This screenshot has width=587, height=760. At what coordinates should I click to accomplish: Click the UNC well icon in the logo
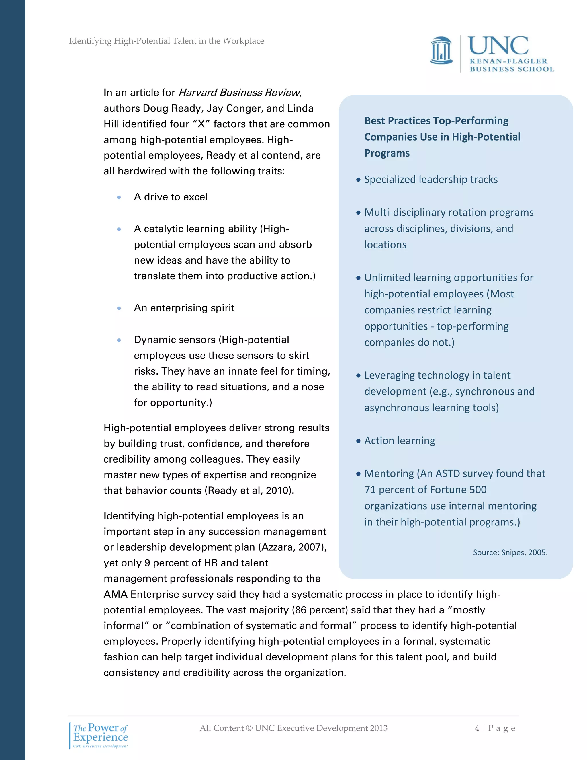tap(441, 51)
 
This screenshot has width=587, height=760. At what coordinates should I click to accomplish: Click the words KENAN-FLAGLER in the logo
tap(508, 61)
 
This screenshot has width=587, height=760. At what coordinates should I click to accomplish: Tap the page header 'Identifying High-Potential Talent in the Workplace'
tap(166, 41)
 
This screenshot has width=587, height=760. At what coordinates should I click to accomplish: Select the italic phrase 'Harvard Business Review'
tap(239, 93)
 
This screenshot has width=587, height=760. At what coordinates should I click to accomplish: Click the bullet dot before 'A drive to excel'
tap(119, 197)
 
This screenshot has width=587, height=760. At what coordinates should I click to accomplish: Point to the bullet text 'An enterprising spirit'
tap(184, 308)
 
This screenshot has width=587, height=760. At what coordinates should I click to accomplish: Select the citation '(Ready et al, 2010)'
tap(249, 491)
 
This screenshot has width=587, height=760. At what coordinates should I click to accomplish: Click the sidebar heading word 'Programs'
tap(387, 153)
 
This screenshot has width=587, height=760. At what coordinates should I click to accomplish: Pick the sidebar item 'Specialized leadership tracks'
tap(431, 180)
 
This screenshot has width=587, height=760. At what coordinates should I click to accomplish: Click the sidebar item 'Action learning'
tap(399, 441)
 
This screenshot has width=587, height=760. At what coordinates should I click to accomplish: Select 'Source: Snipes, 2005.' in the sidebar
tap(510, 553)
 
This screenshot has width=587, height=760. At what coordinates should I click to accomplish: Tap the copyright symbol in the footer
tap(249, 728)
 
